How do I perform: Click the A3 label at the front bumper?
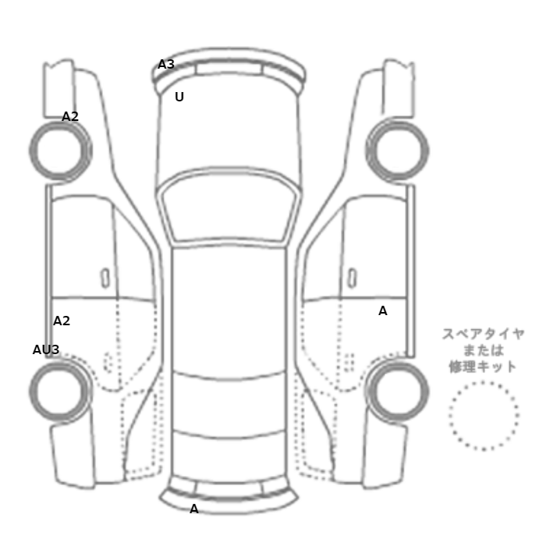pos(165,65)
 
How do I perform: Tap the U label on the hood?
pos(179,97)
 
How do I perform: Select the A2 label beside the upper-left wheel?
pos(70,117)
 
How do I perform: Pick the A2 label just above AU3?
pos(62,321)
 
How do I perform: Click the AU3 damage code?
pos(46,349)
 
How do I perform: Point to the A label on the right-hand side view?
pos(383,311)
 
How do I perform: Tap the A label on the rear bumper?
pos(194,509)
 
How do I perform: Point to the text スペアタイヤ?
pos(484,334)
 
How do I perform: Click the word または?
pos(484,350)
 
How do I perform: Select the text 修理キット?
pos(484,367)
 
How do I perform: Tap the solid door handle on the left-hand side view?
pos(105,278)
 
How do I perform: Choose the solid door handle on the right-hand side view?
pos(353,278)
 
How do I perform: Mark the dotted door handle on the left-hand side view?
pos(108,362)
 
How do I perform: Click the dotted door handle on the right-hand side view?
pos(349,362)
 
